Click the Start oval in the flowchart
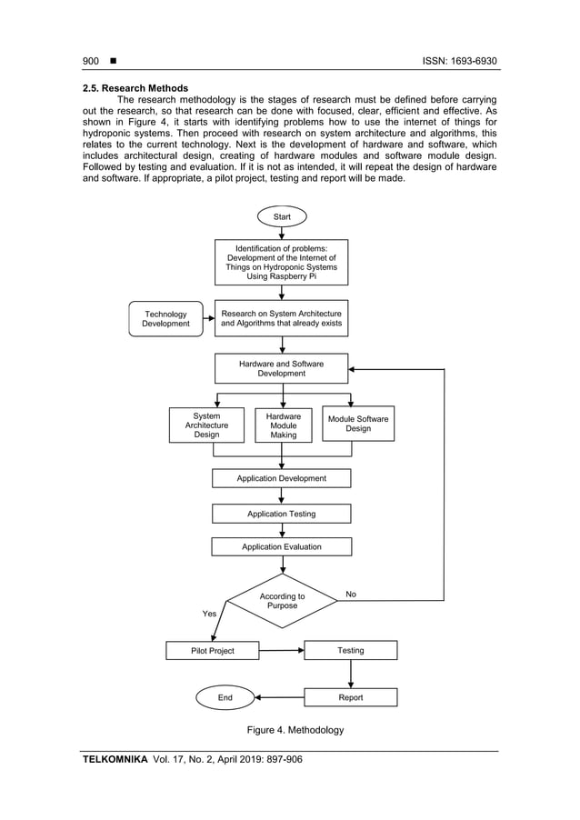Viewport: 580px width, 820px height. pos(283,216)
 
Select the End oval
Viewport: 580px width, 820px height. pos(225,697)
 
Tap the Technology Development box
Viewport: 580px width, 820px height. pos(165,319)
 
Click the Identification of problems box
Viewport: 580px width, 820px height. pos(282,262)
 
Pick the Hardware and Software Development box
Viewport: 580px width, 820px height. pos(282,368)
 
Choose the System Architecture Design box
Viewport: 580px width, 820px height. pos(206,425)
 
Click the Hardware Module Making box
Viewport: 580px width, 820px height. pos(283,425)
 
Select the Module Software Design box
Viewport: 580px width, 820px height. pos(358,424)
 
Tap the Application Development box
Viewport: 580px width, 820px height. pos(282,478)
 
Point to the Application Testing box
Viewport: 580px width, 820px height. pos(282,514)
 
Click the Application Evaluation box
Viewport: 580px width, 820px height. pos(282,547)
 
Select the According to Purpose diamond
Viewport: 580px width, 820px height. pos(283,601)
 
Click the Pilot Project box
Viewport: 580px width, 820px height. pos(213,651)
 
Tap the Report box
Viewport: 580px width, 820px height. pos(351,697)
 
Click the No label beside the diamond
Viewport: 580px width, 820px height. pos(351,594)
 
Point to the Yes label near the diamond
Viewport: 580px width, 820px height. pos(209,614)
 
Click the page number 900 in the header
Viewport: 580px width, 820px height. pos(90,61)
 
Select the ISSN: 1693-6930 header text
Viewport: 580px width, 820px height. pos(460,61)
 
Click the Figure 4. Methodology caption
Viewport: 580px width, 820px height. pos(295,730)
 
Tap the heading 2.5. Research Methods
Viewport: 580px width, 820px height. pos(135,88)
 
